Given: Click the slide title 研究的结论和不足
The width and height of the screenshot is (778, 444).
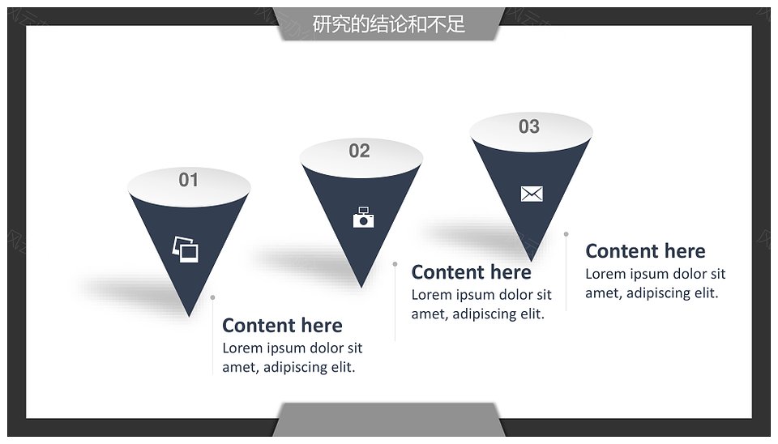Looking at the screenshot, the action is coord(388,23).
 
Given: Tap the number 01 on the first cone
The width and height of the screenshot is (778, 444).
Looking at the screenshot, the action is coord(189,180).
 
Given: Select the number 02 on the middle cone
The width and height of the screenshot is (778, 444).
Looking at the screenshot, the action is coord(359,151).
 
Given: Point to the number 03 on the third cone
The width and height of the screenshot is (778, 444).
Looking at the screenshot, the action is coord(529,126).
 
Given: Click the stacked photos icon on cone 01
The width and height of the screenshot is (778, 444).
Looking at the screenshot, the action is coord(185,249).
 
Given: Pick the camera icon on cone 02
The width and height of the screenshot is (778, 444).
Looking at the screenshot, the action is coord(364,217).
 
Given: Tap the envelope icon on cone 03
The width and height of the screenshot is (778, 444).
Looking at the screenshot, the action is coord(532,194).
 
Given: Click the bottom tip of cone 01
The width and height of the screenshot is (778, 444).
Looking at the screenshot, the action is coord(189,317).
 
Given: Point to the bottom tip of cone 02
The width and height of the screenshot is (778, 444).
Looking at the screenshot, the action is coord(361,288).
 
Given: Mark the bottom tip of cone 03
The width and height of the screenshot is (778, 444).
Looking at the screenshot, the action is coord(531,261).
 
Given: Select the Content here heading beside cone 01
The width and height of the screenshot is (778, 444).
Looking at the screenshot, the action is coord(282,326).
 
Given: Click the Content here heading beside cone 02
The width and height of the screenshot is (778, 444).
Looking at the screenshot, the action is coord(472,272).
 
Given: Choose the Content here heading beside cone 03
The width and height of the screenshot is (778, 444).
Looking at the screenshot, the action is coord(646,251).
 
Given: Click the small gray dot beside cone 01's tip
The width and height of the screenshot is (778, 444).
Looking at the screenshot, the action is coord(212,297).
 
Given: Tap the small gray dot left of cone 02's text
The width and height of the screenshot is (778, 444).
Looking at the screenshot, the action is coord(395,264).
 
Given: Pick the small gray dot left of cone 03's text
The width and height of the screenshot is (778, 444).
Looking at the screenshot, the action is coord(566,233).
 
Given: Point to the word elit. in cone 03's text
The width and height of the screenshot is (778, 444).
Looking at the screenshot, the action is coord(706,292).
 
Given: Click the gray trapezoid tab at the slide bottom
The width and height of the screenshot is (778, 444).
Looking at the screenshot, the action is coord(388,420).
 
